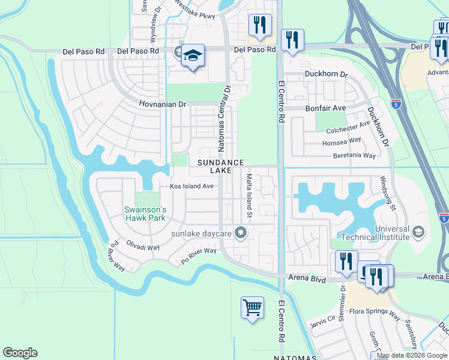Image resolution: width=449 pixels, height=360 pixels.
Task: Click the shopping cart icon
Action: (252, 308)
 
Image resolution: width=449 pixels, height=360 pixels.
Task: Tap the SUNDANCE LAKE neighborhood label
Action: (221, 167)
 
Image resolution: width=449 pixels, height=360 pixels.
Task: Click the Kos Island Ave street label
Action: (192, 186)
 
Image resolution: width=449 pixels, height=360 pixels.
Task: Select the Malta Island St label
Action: (249, 196)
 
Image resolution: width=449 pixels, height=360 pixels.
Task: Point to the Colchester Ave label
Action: (348, 127)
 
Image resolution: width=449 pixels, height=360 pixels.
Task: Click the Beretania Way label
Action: (354, 155)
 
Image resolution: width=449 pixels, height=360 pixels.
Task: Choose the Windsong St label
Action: (388, 193)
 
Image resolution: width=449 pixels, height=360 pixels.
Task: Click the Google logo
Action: (20, 353)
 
